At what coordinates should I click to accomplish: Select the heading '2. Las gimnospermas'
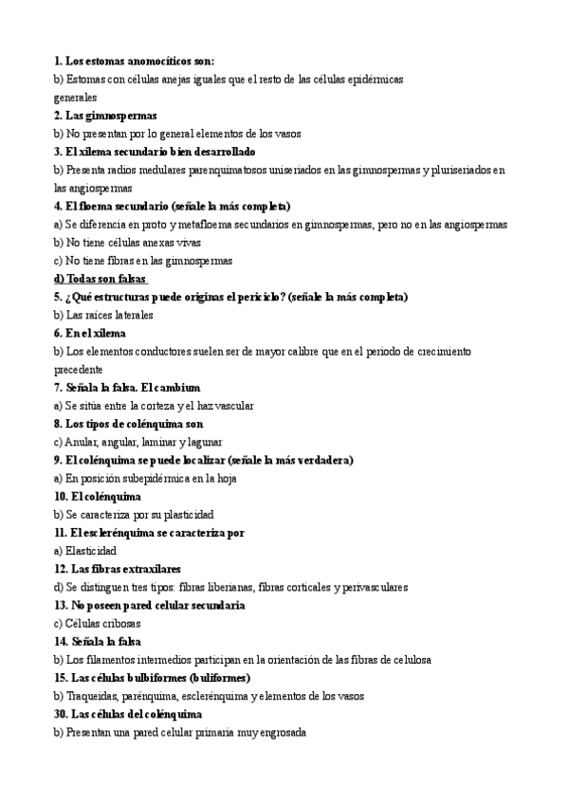click(x=105, y=116)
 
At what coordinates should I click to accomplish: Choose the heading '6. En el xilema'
click(x=90, y=333)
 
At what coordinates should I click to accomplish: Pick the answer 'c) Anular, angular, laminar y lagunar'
click(x=138, y=442)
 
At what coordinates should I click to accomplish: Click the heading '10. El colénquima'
click(x=98, y=497)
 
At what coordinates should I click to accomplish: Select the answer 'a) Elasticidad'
click(x=85, y=551)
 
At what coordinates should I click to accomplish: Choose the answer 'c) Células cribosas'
click(x=97, y=624)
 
